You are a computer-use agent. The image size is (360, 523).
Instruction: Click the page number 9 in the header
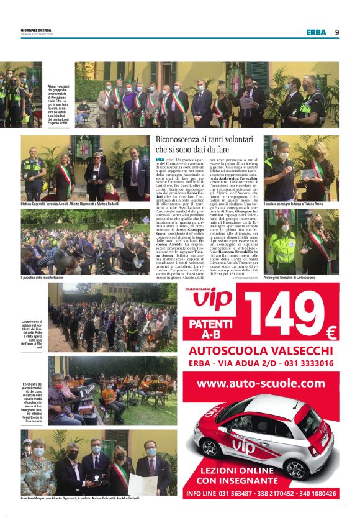coord(337,32)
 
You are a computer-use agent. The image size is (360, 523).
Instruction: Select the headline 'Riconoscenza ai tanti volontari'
coord(205,140)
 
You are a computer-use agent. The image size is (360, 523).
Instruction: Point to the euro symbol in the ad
coord(331,334)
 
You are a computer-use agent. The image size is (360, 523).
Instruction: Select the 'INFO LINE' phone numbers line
coord(261,494)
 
